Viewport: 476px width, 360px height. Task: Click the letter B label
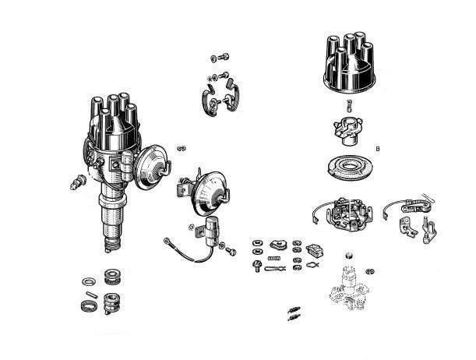click(x=378, y=149)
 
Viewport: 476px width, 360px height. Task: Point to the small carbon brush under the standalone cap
click(x=349, y=106)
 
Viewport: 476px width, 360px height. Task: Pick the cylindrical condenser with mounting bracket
click(x=208, y=230)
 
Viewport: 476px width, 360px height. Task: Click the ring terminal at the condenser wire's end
click(x=167, y=241)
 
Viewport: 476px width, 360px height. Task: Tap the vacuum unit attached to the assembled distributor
click(x=152, y=166)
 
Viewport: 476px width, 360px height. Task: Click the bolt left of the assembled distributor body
click(x=78, y=182)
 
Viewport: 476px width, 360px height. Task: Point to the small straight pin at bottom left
click(x=91, y=295)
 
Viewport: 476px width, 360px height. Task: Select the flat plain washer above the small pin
click(x=89, y=281)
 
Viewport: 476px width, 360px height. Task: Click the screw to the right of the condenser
click(x=231, y=252)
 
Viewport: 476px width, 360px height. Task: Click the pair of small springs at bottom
click(x=294, y=313)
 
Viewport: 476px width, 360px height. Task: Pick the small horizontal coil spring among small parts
click(x=274, y=259)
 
